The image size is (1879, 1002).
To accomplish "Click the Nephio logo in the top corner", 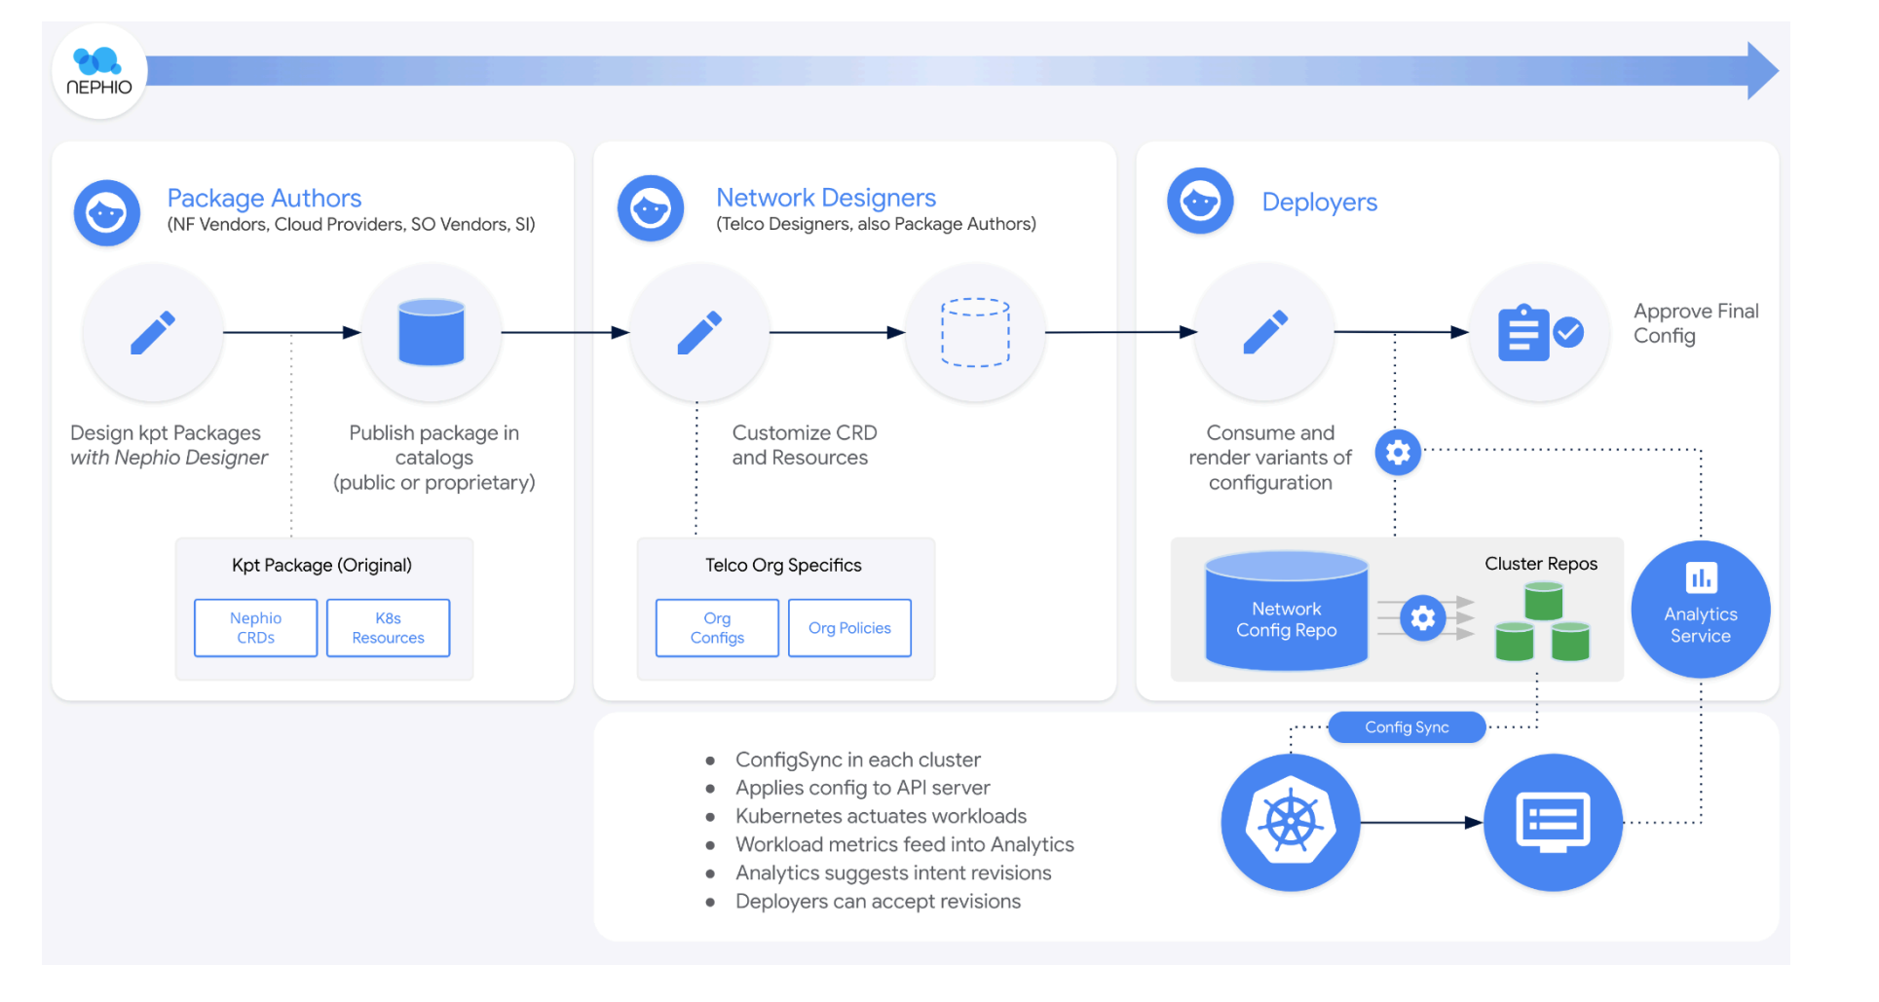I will tap(98, 71).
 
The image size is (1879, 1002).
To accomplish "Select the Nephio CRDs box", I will tap(255, 628).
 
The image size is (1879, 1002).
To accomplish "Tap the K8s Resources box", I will tap(388, 628).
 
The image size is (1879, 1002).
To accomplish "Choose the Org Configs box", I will tap(717, 628).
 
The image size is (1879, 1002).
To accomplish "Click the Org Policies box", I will tap(849, 628).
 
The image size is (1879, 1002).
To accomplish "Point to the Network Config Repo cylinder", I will tap(1286, 613).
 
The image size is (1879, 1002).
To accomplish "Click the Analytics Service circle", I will tap(1700, 610).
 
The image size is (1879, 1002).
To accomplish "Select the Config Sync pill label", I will tap(1407, 727).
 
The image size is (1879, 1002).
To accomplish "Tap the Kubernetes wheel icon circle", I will tap(1290, 823).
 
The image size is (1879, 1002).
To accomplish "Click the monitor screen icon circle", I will tap(1553, 823).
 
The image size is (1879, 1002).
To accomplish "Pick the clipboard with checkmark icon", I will tap(1539, 333).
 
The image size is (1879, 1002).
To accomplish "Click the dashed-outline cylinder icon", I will tap(975, 333).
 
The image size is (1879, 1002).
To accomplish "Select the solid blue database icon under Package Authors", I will tap(432, 333).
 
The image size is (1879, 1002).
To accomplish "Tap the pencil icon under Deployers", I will tap(1265, 333).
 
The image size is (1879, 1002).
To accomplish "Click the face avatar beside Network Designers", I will tap(650, 208).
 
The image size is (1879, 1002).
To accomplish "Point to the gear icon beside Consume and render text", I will tap(1398, 453).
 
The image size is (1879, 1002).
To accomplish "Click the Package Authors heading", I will tap(264, 199).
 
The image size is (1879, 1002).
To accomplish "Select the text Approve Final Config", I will tap(1695, 323).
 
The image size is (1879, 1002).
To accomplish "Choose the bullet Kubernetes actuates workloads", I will tap(881, 816).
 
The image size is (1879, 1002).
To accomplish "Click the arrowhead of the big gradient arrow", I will tap(1761, 71).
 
